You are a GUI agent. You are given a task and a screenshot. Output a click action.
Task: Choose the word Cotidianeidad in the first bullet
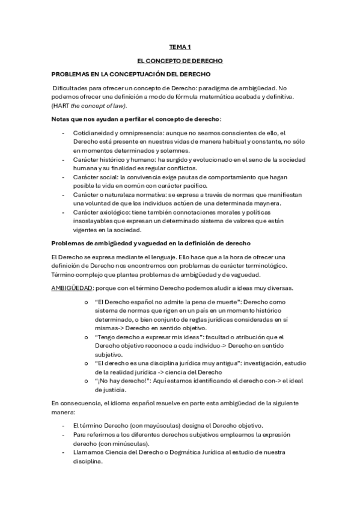point(95,132)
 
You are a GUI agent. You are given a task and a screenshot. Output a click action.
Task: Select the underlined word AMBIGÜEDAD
point(73,287)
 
